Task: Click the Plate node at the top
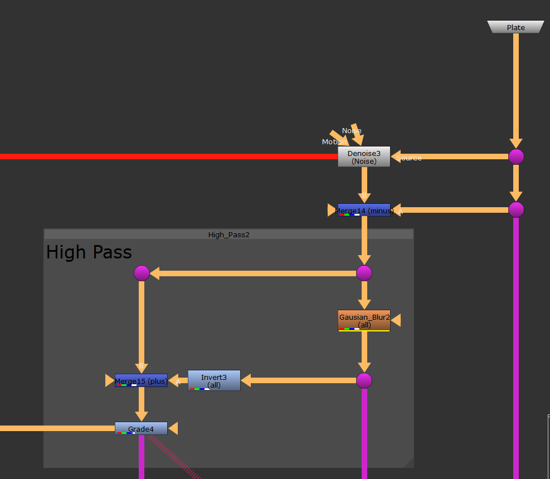tap(515, 27)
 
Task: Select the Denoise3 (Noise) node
tap(364, 157)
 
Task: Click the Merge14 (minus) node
tap(364, 210)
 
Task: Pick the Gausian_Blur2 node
tap(364, 321)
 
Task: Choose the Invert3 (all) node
tap(214, 380)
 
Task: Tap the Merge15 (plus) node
tap(141, 380)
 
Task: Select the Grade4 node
tap(141, 428)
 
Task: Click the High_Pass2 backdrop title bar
tap(228, 234)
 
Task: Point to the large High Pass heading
tap(89, 252)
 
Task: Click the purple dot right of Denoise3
tap(516, 157)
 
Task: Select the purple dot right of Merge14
tap(516, 209)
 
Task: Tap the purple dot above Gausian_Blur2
tap(364, 273)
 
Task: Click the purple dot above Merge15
tap(142, 273)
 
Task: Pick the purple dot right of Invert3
tap(364, 380)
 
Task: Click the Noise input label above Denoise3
tap(352, 131)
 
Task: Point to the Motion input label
tap(333, 142)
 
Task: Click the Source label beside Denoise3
tap(409, 158)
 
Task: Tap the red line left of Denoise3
tap(167, 157)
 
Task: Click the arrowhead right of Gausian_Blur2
tap(396, 320)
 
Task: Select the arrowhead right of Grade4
tap(173, 428)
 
